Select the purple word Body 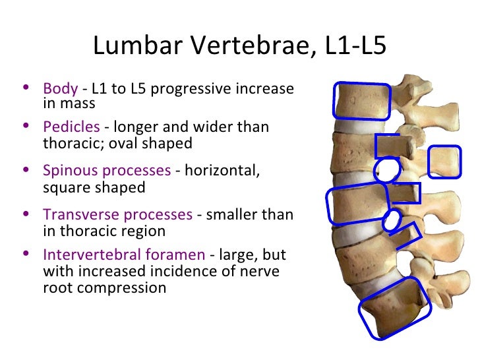coord(60,88)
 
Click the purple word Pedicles coord(71,127)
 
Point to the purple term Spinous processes coord(106,171)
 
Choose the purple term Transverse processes coord(117,215)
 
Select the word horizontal coord(222,171)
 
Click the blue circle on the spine coord(386,170)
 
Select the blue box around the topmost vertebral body coord(361,100)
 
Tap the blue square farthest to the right coord(444,162)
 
